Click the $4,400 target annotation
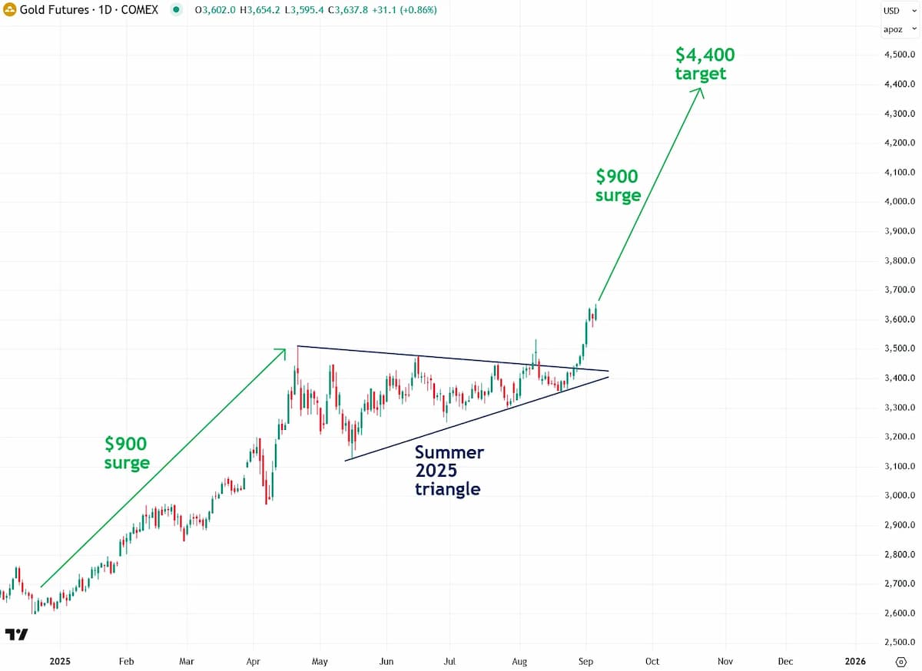[x=705, y=64]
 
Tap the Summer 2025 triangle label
[x=449, y=471]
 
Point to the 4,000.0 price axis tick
[x=900, y=202]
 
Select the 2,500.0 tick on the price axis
[x=900, y=642]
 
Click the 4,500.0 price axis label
[x=900, y=55]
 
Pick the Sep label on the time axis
[x=585, y=661]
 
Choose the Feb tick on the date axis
[x=126, y=661]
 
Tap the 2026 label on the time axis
[x=855, y=661]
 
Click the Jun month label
[x=386, y=661]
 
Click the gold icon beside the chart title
[x=9, y=9]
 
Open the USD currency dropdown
[x=900, y=11]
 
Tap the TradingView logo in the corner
[x=16, y=634]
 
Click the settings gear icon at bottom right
[x=901, y=662]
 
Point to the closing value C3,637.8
[x=348, y=10]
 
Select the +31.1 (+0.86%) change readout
[x=404, y=10]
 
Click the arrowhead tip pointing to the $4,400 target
[x=701, y=88]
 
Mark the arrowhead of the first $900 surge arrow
[x=285, y=349]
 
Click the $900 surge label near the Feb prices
[x=126, y=453]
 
